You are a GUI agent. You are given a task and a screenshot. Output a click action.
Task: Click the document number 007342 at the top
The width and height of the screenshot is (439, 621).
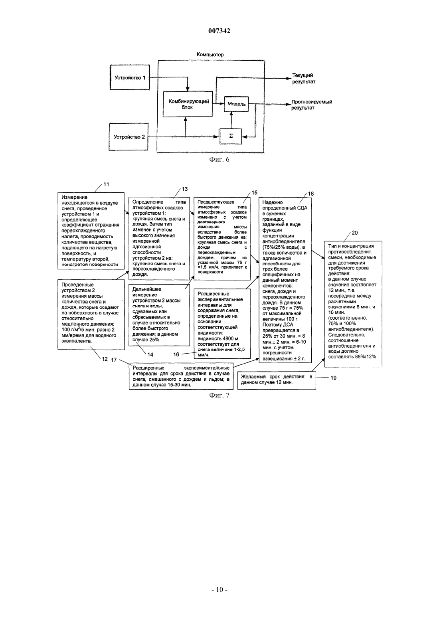pyautogui.click(x=219, y=31)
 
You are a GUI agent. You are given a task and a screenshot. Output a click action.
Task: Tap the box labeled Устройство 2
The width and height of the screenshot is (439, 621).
pyautogui.click(x=129, y=137)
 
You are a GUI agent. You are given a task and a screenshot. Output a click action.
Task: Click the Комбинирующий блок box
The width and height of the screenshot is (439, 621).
pyautogui.click(x=188, y=104)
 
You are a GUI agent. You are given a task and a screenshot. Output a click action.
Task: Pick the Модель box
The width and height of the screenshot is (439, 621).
pyautogui.click(x=236, y=104)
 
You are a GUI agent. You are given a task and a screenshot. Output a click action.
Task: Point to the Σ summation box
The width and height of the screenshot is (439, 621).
pyautogui.click(x=231, y=136)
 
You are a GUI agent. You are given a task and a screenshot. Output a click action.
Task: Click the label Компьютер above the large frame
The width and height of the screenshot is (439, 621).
pyautogui.click(x=210, y=55)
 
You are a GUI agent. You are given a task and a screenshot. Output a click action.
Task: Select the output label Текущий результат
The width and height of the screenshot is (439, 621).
pyautogui.click(x=304, y=79)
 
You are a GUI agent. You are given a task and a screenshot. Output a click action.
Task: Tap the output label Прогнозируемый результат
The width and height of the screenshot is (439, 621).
pyautogui.click(x=312, y=105)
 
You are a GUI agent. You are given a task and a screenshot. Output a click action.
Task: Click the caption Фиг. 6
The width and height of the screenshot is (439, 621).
pyautogui.click(x=219, y=159)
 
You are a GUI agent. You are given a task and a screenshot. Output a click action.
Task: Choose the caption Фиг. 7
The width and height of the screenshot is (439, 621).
pyautogui.click(x=219, y=395)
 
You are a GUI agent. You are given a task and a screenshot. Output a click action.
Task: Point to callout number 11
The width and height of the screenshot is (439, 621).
pyautogui.click(x=106, y=184)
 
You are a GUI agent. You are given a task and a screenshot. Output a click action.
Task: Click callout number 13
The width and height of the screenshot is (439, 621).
pyautogui.click(x=184, y=189)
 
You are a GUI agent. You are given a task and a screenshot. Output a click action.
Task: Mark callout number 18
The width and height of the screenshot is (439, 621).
pyautogui.click(x=310, y=194)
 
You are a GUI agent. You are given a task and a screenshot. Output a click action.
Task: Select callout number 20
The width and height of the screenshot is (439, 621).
pyautogui.click(x=355, y=233)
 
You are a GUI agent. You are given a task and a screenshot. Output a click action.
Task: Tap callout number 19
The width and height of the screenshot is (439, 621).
pyautogui.click(x=333, y=378)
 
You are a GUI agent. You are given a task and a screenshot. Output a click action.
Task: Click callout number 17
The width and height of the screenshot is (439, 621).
pyautogui.click(x=114, y=360)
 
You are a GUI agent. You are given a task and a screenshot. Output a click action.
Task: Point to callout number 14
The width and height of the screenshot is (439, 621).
pyautogui.click(x=150, y=354)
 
